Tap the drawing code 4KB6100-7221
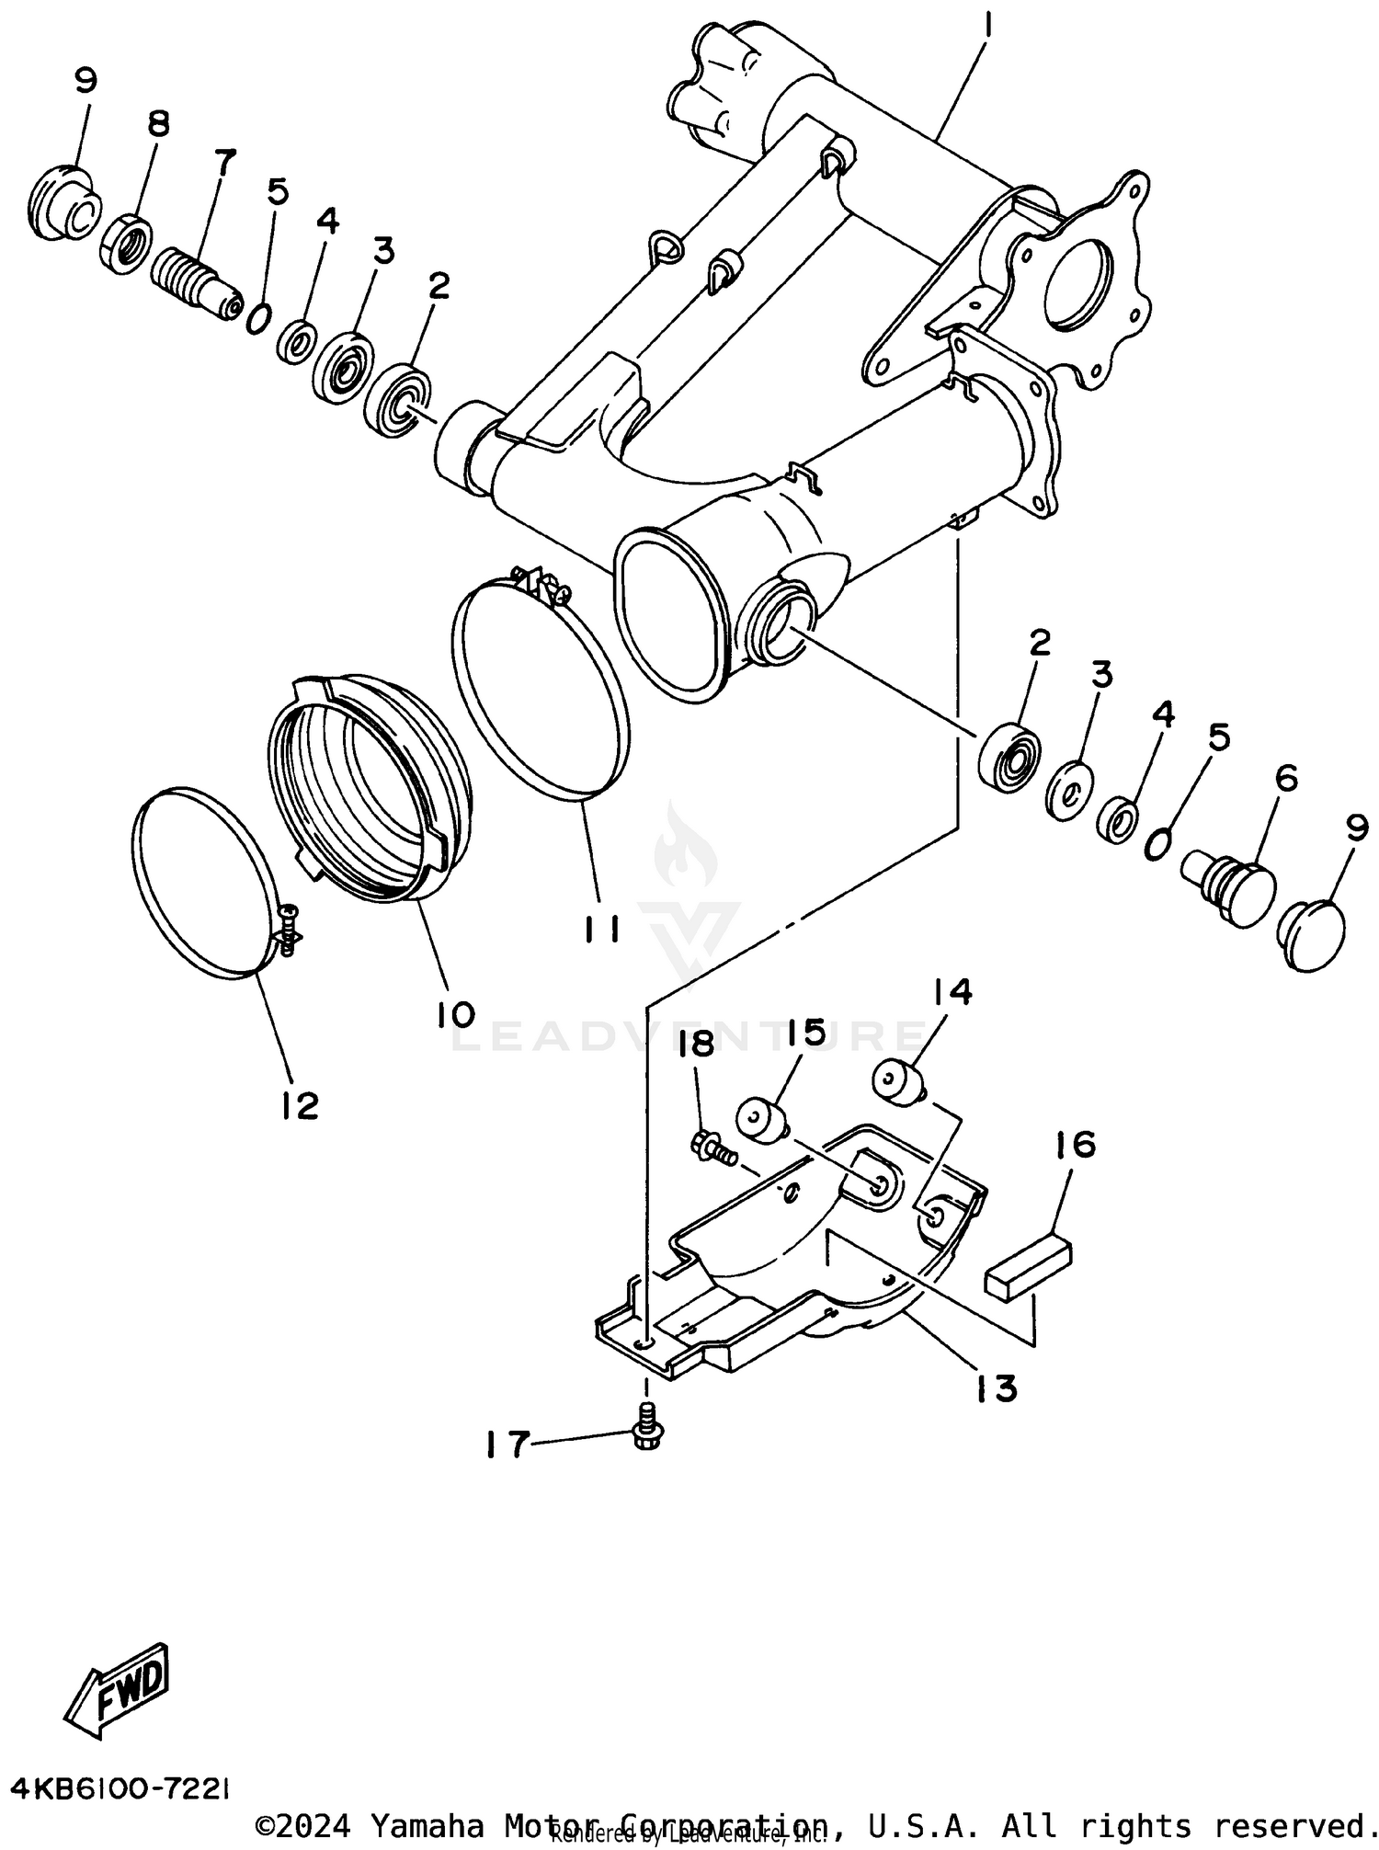120,1787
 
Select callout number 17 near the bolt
507,1445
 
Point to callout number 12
300,1104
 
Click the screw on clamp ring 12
289,930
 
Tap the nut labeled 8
121,243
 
